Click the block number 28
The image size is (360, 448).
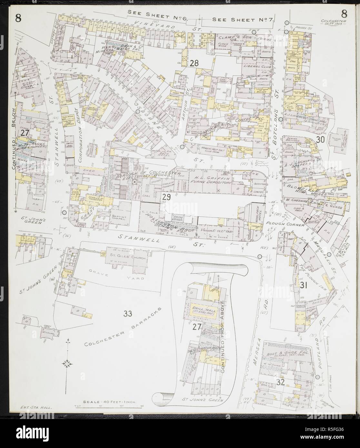194,63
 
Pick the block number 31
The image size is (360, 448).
303,285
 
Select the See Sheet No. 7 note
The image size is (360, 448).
243,20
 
